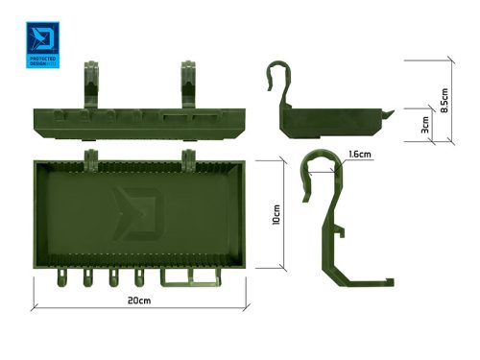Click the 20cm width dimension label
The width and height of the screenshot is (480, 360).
(138, 300)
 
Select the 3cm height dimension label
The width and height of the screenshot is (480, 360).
(423, 126)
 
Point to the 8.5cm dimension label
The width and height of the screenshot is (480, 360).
(443, 98)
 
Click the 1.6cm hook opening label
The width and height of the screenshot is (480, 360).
(362, 154)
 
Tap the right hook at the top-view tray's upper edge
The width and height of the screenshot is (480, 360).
(188, 157)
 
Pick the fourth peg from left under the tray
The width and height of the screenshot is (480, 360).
(141, 279)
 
